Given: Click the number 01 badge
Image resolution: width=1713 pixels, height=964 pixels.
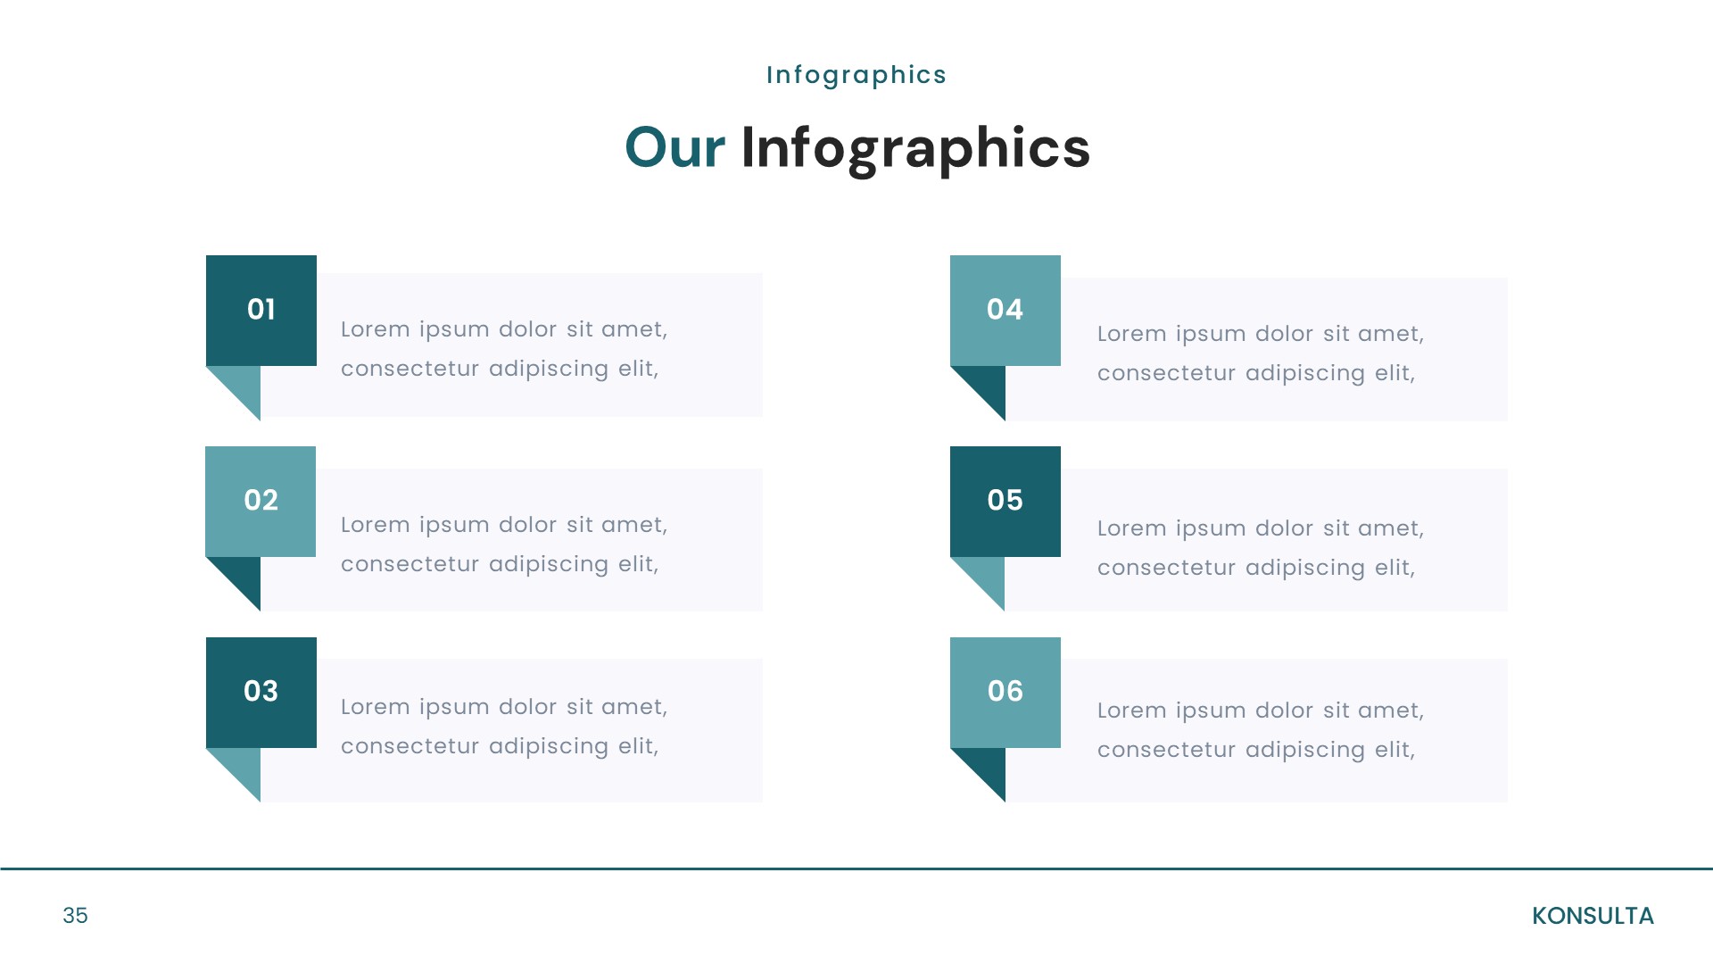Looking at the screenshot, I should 261,310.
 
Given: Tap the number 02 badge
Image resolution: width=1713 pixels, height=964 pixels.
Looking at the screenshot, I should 261,501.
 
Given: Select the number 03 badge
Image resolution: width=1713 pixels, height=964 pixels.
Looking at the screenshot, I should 261,692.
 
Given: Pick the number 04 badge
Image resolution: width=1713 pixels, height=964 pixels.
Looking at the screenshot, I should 1005,310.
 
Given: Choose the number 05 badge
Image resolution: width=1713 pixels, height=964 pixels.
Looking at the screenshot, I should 1005,501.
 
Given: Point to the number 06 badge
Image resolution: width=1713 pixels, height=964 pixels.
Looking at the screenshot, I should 1005,692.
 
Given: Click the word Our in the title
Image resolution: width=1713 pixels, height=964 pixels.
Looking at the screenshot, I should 674,147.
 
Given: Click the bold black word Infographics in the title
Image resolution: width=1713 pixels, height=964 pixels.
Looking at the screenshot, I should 915,149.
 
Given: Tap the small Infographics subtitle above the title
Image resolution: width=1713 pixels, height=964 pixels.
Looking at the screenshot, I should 856,75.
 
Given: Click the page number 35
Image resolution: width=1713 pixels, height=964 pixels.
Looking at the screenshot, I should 75,916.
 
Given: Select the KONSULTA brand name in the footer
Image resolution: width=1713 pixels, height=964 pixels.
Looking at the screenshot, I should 1593,916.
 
